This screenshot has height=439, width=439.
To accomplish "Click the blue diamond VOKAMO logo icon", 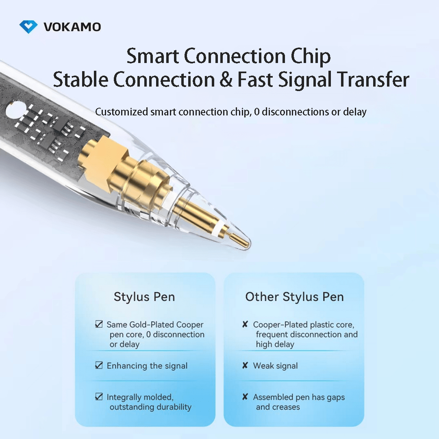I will [28, 27].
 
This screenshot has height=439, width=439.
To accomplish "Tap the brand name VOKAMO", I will [72, 27].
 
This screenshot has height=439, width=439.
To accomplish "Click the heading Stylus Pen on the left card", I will [144, 297].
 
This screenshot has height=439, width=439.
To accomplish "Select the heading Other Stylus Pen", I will [294, 297].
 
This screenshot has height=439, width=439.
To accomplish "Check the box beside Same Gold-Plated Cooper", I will [98, 324].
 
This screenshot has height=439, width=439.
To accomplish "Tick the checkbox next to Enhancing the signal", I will [98, 365].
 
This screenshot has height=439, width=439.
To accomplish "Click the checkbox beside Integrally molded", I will [98, 397].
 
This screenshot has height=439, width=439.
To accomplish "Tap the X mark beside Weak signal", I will [245, 365].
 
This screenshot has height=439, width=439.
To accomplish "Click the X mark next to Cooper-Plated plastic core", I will [245, 324].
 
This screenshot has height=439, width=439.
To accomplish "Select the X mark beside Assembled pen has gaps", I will [245, 397].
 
